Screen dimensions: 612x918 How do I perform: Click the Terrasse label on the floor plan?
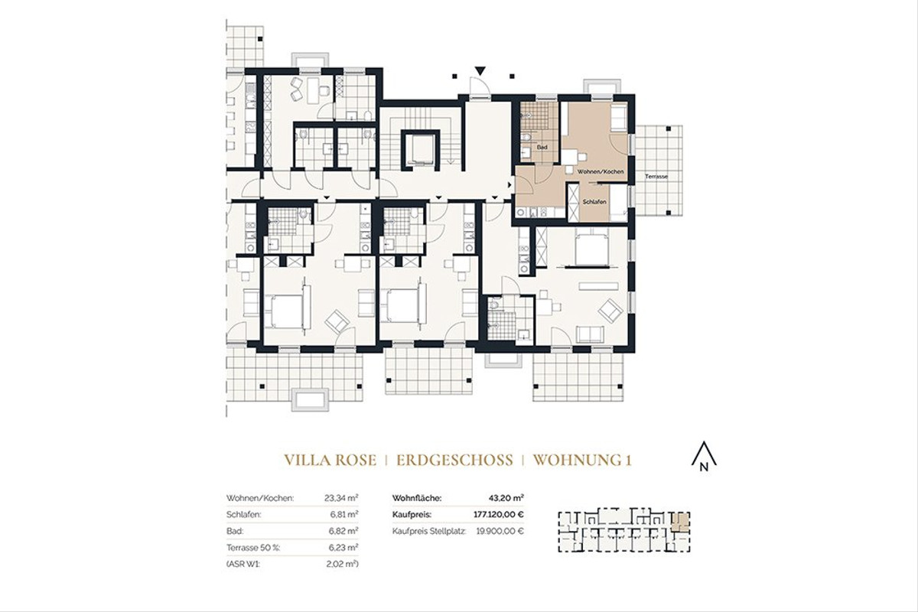656,177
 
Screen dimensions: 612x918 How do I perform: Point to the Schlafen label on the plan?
594,201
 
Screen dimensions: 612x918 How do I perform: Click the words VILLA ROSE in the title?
330,461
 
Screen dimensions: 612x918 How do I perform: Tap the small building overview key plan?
623,530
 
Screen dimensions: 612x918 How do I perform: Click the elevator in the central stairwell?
420,150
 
